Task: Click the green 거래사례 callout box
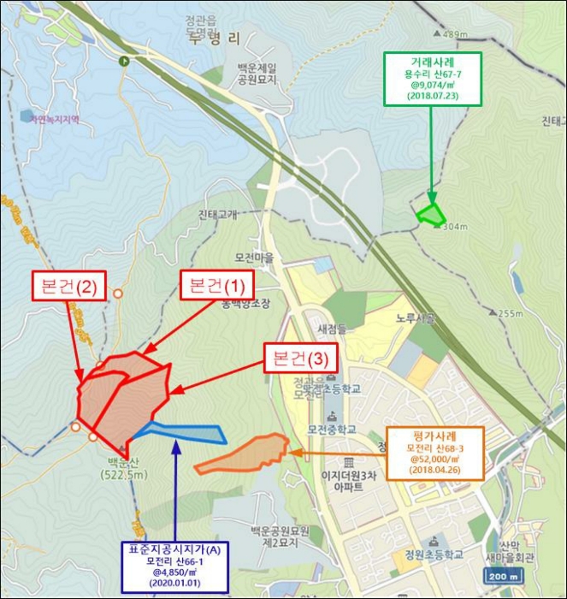(x=433, y=79)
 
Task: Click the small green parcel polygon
(x=430, y=214)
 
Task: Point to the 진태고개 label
(x=217, y=215)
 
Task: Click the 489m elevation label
(x=452, y=34)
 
